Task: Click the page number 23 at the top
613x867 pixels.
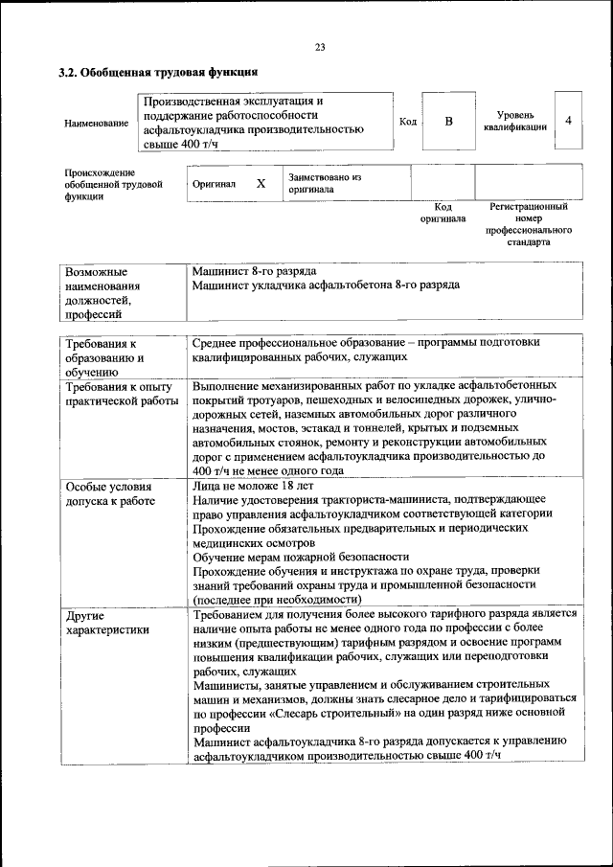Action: [x=320, y=48]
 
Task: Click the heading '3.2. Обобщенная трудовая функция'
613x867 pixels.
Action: [x=158, y=72]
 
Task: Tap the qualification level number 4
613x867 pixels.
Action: [x=569, y=121]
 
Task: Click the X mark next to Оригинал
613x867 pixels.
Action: [x=261, y=183]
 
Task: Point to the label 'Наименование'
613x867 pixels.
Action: [x=96, y=123]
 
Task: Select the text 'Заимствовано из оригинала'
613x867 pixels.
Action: [x=325, y=183]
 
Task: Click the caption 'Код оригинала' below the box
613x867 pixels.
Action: [x=443, y=212]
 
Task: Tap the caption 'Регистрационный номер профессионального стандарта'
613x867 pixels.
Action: [x=529, y=224]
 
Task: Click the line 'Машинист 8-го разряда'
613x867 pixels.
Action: [x=254, y=271]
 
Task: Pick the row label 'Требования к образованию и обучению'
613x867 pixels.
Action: [x=105, y=356]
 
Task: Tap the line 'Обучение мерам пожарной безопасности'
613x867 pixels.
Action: [x=301, y=556]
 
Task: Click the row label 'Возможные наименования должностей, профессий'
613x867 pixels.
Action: [x=102, y=292]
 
